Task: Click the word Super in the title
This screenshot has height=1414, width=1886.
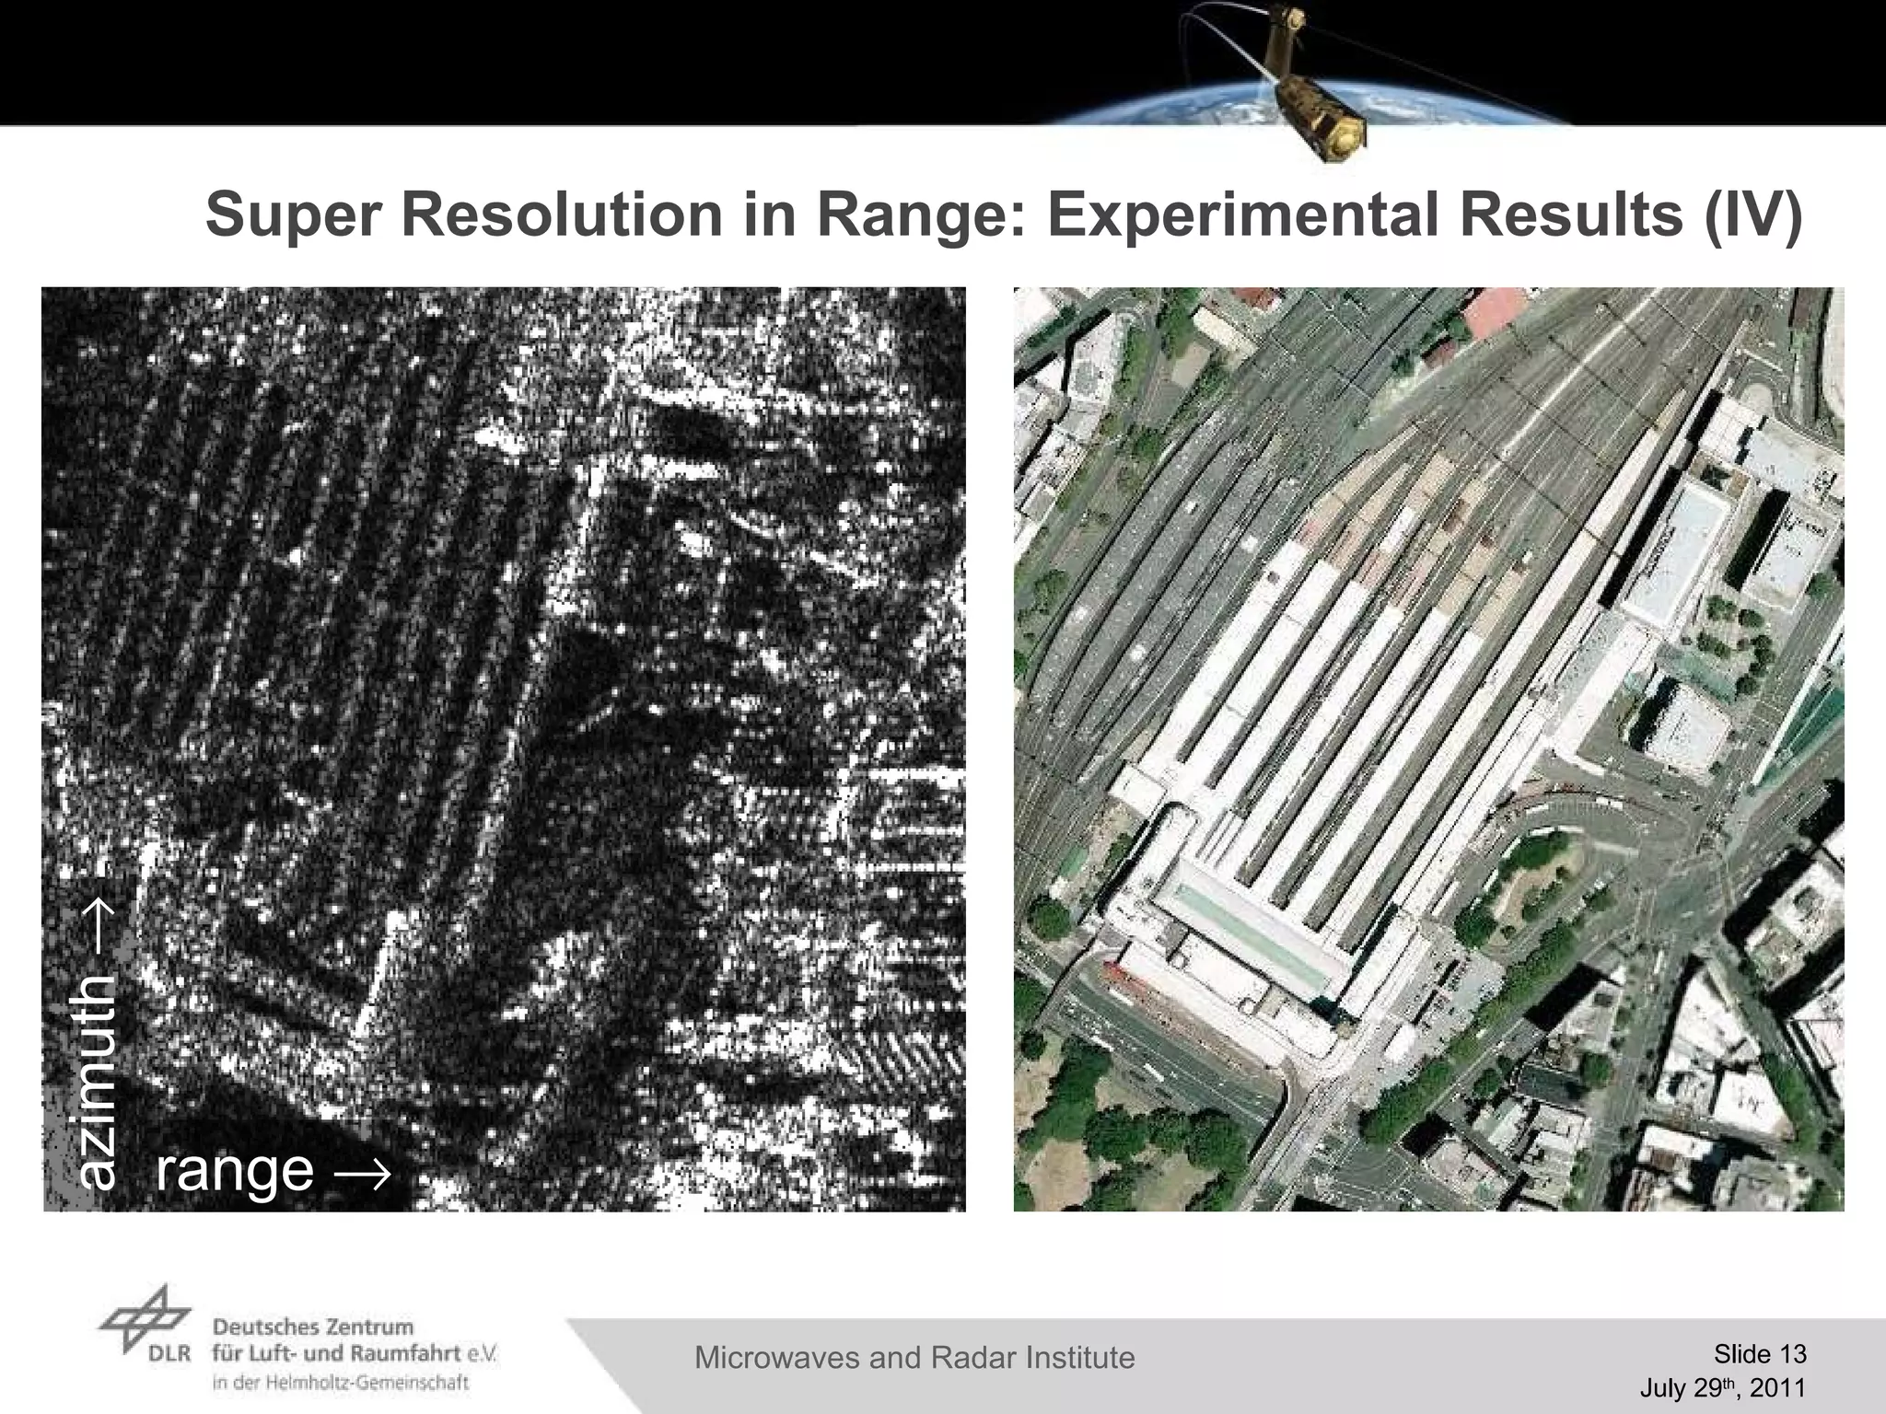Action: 293,215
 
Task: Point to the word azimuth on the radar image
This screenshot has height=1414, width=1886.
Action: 96,1082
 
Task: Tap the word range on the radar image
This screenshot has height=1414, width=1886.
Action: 235,1170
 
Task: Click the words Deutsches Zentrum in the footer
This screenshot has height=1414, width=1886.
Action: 313,1327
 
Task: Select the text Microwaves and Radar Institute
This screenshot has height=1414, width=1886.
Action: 914,1358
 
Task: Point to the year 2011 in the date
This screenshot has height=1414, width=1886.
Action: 1777,1388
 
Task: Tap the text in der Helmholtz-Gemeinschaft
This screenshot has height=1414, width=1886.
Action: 340,1383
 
